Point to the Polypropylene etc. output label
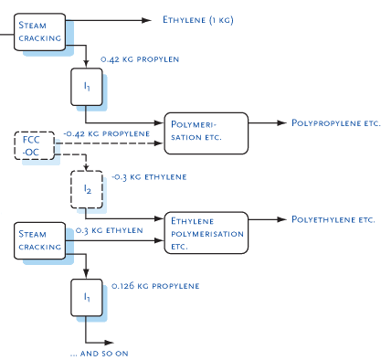tap(334, 122)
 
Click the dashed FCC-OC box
tap(33, 145)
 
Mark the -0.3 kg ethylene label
tap(149, 176)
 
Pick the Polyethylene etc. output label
tap(333, 220)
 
